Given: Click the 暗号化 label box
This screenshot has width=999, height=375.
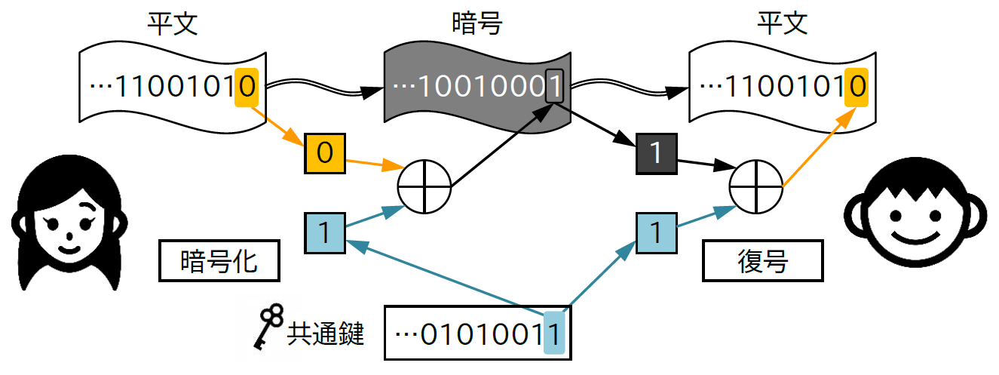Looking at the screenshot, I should click(x=219, y=261).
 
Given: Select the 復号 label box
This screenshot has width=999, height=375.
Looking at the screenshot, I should click(x=762, y=261).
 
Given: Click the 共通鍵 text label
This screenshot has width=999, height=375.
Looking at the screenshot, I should click(x=326, y=333).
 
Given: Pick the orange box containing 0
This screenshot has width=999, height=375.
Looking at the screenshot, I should click(x=325, y=153).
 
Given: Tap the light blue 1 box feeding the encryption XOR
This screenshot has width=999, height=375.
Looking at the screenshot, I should click(x=325, y=233).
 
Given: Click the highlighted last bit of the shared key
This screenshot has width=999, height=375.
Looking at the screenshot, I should click(x=554, y=332).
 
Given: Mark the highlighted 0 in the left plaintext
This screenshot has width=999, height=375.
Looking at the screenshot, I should click(x=247, y=87).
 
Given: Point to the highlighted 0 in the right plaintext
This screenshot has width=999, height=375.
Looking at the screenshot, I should click(x=856, y=87).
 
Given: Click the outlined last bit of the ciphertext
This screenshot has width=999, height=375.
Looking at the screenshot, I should click(x=554, y=86).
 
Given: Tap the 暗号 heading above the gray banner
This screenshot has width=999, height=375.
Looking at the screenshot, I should click(x=476, y=23).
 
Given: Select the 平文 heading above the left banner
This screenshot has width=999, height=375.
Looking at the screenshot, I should click(x=173, y=23).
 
